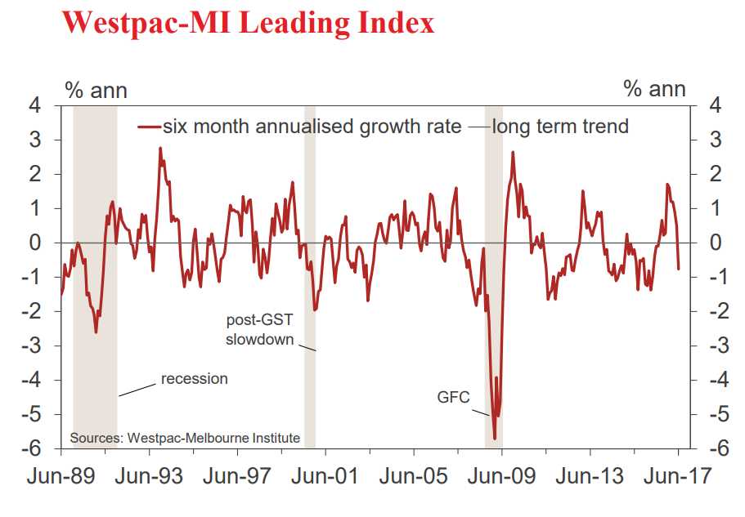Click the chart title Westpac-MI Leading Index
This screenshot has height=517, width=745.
[x=248, y=22]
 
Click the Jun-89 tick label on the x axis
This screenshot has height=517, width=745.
[x=61, y=475]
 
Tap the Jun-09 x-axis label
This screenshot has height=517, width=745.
[x=500, y=475]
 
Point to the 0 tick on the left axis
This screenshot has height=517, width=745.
[x=36, y=243]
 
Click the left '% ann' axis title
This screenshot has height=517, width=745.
[x=96, y=89]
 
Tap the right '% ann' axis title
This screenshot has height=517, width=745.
[x=654, y=89]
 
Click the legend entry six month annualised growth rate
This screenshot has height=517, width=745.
[x=311, y=127]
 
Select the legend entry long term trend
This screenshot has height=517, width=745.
[x=560, y=127]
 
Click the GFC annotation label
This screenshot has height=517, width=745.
[x=454, y=398]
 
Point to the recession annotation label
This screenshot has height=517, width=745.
[x=194, y=378]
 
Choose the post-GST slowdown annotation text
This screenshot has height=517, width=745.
[x=259, y=329]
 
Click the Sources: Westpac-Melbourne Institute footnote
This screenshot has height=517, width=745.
[x=185, y=439]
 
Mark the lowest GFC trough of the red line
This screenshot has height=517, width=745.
[x=495, y=439]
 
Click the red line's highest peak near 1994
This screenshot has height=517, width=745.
[x=160, y=148]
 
